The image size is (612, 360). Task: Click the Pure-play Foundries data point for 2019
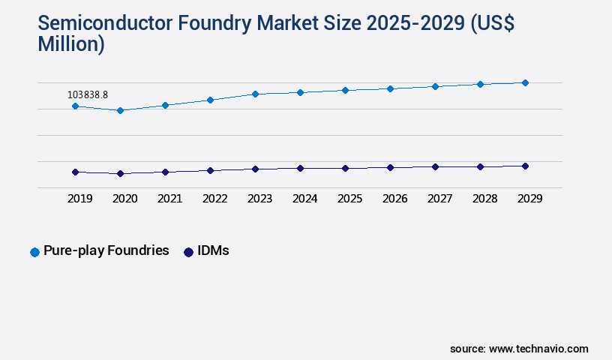(x=75, y=106)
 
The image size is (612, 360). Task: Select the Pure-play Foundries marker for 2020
(x=120, y=110)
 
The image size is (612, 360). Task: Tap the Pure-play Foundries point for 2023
(x=255, y=94)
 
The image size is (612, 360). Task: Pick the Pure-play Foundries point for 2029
(x=525, y=82)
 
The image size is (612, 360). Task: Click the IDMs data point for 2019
(x=75, y=172)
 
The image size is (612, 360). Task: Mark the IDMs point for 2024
(x=300, y=168)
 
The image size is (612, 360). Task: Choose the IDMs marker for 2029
(x=525, y=166)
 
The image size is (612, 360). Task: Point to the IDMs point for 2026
(x=390, y=167)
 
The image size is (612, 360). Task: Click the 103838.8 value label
(x=88, y=95)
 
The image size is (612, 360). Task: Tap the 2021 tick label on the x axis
(x=169, y=199)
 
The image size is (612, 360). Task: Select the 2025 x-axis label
(x=349, y=199)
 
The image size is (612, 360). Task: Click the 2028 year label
(x=484, y=199)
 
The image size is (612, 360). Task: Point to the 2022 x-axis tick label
(x=214, y=199)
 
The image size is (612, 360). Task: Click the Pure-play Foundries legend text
(x=106, y=251)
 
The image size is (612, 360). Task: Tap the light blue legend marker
(x=34, y=252)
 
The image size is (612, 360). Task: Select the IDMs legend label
(x=214, y=251)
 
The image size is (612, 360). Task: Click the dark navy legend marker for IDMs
(x=188, y=252)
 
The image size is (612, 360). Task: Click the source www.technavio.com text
(x=519, y=349)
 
